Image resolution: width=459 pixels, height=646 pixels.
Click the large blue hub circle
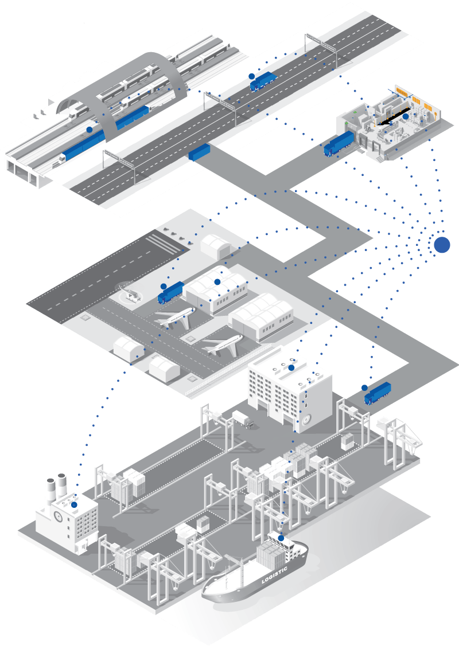pos(442,245)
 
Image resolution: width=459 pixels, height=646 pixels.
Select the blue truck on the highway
pos(263,81)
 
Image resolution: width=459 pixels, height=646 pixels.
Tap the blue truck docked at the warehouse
pos(339,144)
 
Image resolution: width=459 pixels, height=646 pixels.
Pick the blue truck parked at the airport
pos(170,293)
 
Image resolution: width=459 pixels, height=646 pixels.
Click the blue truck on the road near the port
pos(378,394)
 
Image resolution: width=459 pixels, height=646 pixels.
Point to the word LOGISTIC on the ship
pos(274,575)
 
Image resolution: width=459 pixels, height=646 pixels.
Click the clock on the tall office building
pos(306,421)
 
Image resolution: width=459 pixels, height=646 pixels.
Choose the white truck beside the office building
pos(243,420)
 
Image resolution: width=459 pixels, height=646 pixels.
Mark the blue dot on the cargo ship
pos(281,538)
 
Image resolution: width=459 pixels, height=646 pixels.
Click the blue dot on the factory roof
pos(74,504)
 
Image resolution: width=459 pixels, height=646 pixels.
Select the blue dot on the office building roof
pos(291,367)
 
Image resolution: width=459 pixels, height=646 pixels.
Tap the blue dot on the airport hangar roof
pos(217,282)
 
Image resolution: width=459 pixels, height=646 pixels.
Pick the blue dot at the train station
pos(90,130)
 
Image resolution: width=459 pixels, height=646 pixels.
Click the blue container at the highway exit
pos(200,151)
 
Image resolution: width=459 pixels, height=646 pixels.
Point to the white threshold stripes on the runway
pos(164,243)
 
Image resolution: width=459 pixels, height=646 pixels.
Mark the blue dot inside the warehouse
pos(406,116)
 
